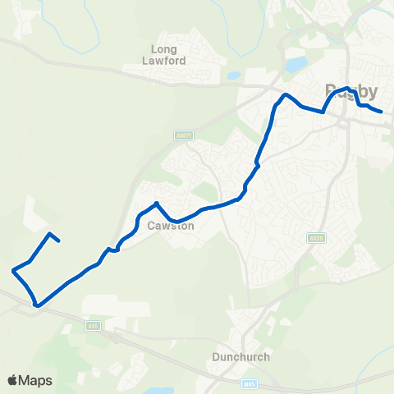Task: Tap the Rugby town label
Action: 351,90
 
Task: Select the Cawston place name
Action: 170,225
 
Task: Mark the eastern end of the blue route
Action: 382,111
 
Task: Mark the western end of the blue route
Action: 60,241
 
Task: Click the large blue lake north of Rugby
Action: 295,64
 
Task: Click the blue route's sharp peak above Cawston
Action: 156,203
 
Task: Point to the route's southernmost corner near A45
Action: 36,305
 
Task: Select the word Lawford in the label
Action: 169,61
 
